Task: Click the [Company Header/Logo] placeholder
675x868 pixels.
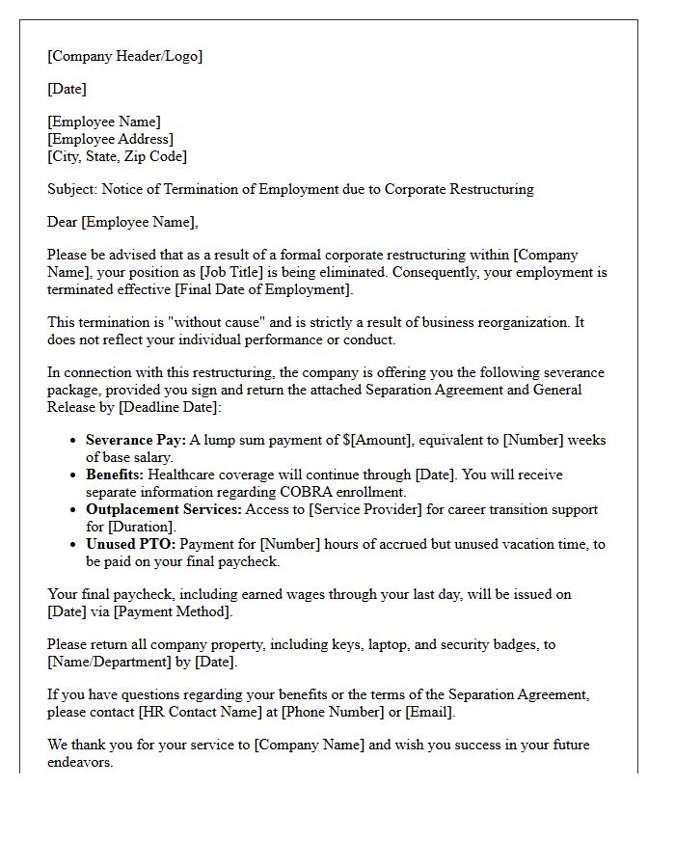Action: tap(125, 56)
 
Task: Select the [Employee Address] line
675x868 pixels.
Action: tap(111, 139)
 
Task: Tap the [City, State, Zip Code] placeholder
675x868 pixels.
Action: tap(117, 156)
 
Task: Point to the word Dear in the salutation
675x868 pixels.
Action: tap(63, 222)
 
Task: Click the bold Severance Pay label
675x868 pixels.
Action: tap(135, 440)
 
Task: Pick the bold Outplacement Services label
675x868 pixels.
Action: tap(163, 509)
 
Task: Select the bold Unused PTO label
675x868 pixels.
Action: tap(126, 544)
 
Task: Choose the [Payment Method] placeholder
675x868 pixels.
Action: tap(167, 611)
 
